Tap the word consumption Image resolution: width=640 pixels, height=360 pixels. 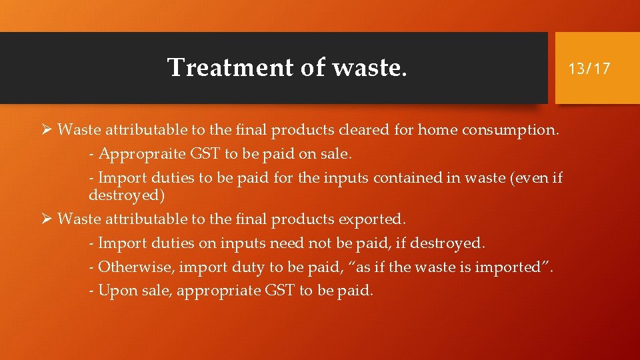(511, 130)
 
